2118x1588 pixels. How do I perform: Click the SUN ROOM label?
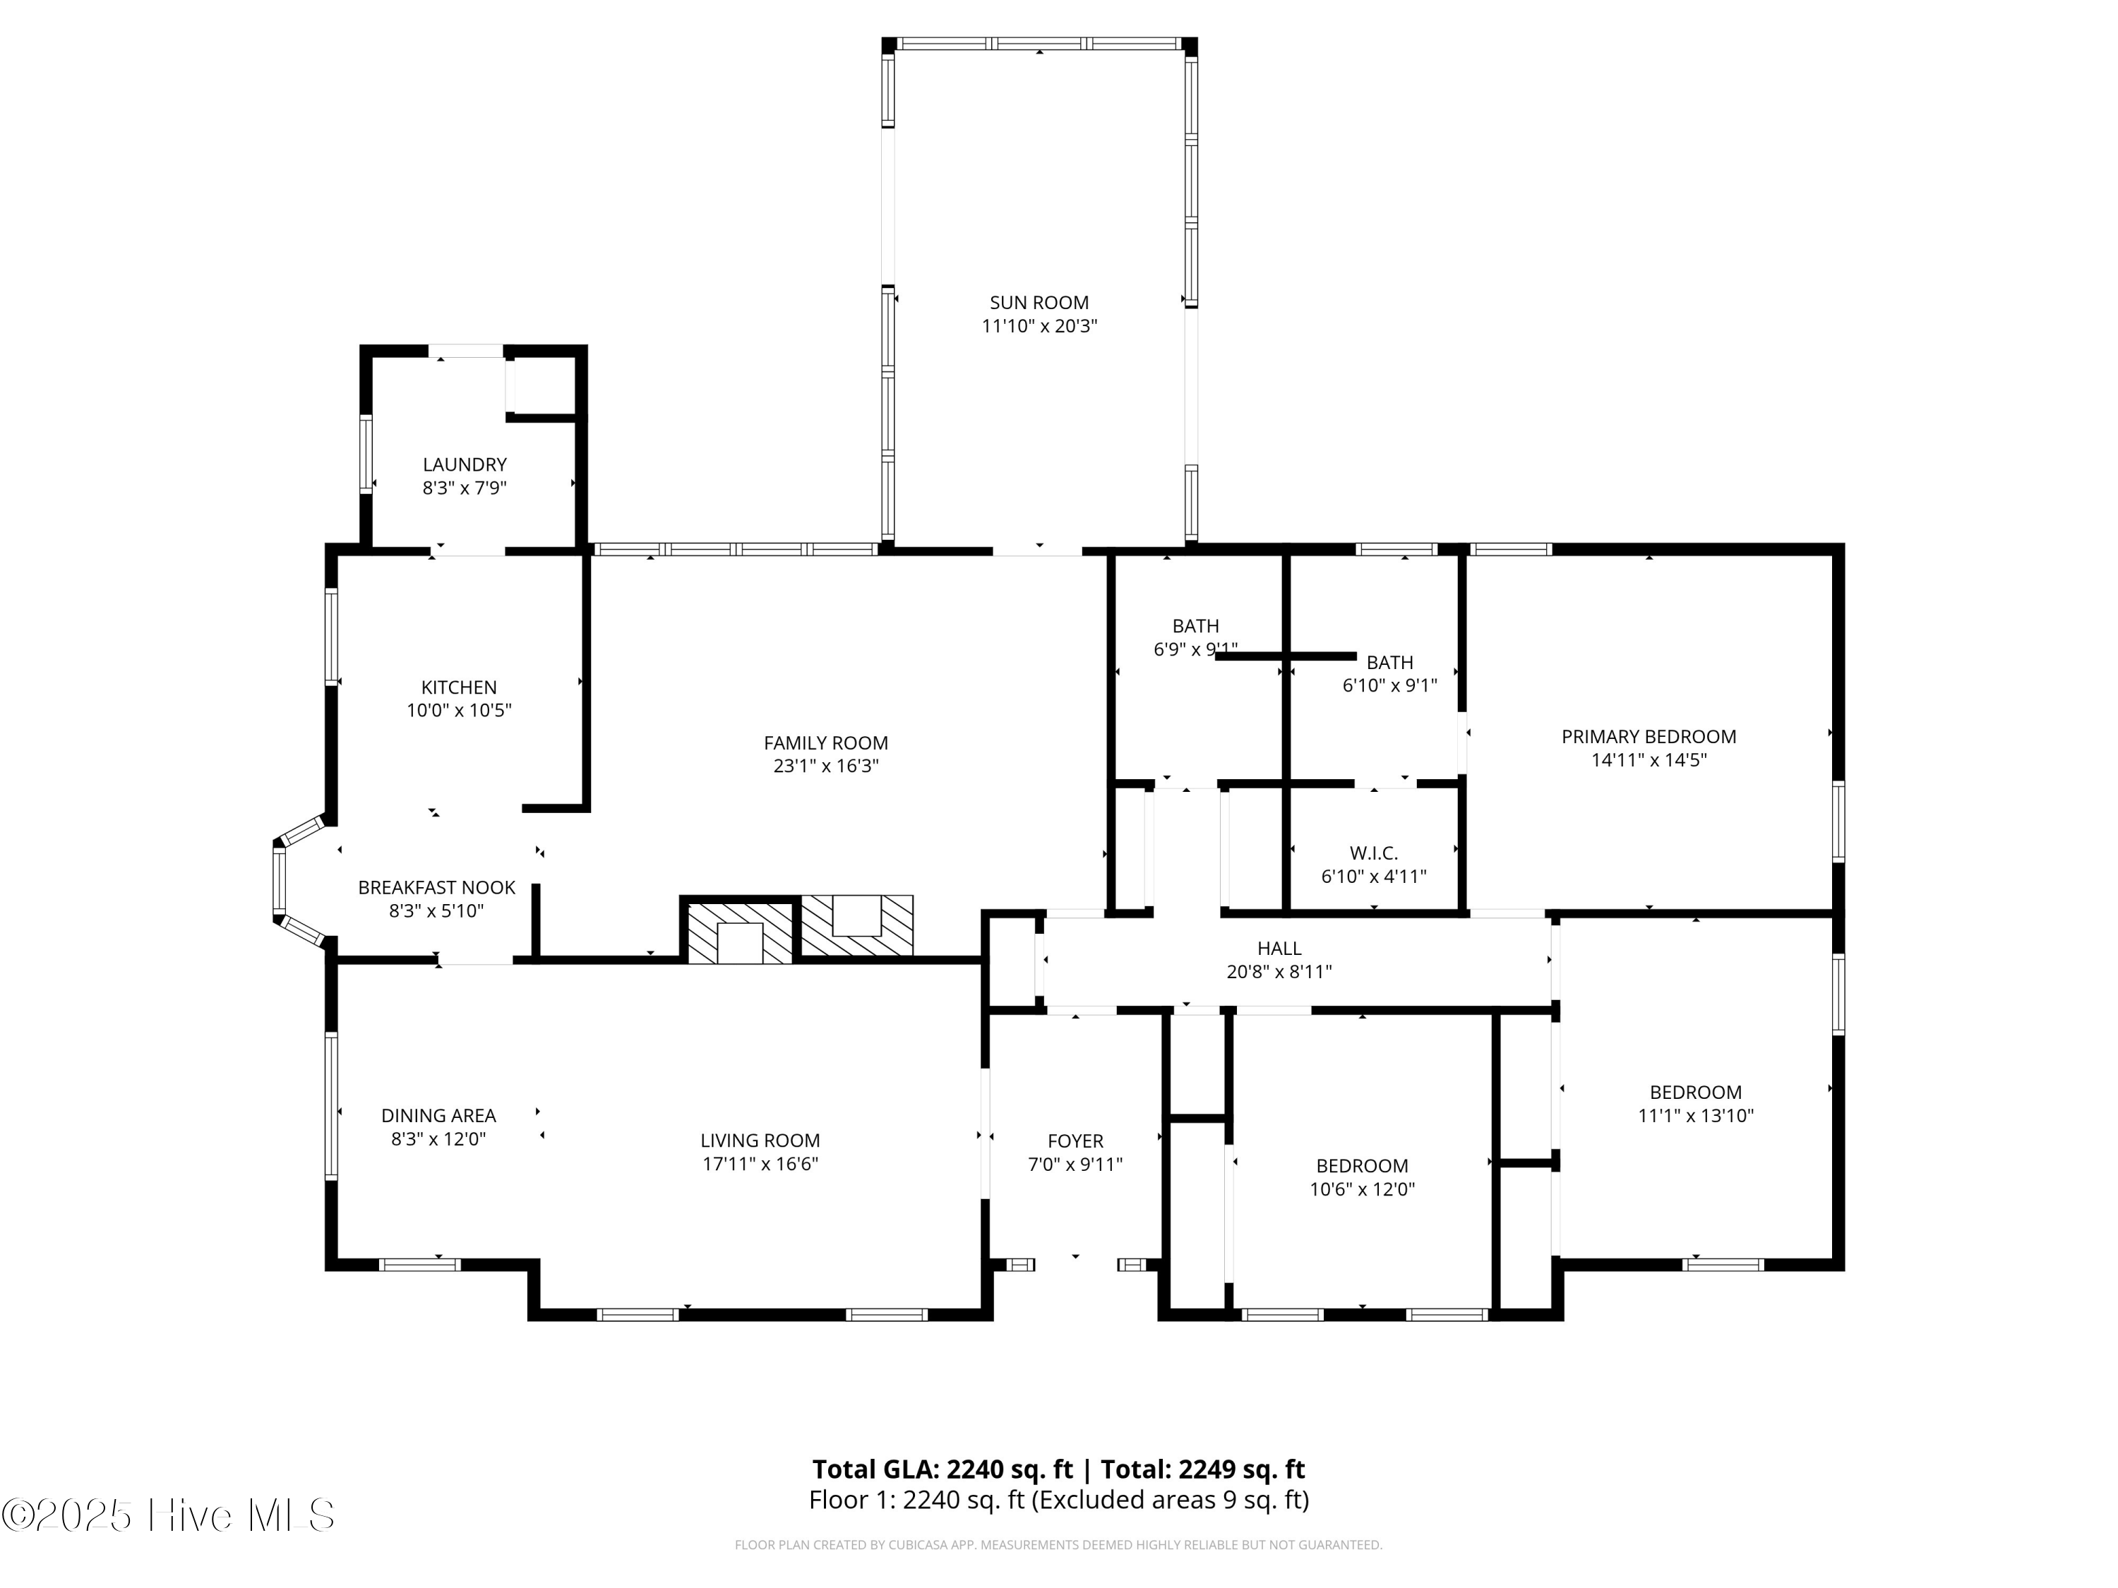[x=1039, y=303]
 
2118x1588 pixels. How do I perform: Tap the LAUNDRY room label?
[x=465, y=464]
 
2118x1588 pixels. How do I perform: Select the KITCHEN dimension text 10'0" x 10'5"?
[x=459, y=710]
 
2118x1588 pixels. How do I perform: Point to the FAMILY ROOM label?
[x=825, y=742]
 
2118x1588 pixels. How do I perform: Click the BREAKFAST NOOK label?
[x=436, y=887]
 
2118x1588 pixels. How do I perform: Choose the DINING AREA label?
[x=438, y=1115]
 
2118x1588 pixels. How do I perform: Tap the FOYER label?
[x=1075, y=1141]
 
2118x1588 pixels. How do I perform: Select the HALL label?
[x=1279, y=949]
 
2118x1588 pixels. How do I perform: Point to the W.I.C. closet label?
[x=1374, y=853]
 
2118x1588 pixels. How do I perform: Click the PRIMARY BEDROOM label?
[x=1649, y=737]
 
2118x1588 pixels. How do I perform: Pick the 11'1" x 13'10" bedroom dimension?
[x=1696, y=1115]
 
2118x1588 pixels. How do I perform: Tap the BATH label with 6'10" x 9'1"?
[x=1389, y=663]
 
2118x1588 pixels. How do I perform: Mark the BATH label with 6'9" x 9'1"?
[x=1196, y=626]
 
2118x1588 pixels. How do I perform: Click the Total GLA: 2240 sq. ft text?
[x=943, y=1469]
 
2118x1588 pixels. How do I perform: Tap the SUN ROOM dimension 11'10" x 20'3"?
[x=1039, y=326]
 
